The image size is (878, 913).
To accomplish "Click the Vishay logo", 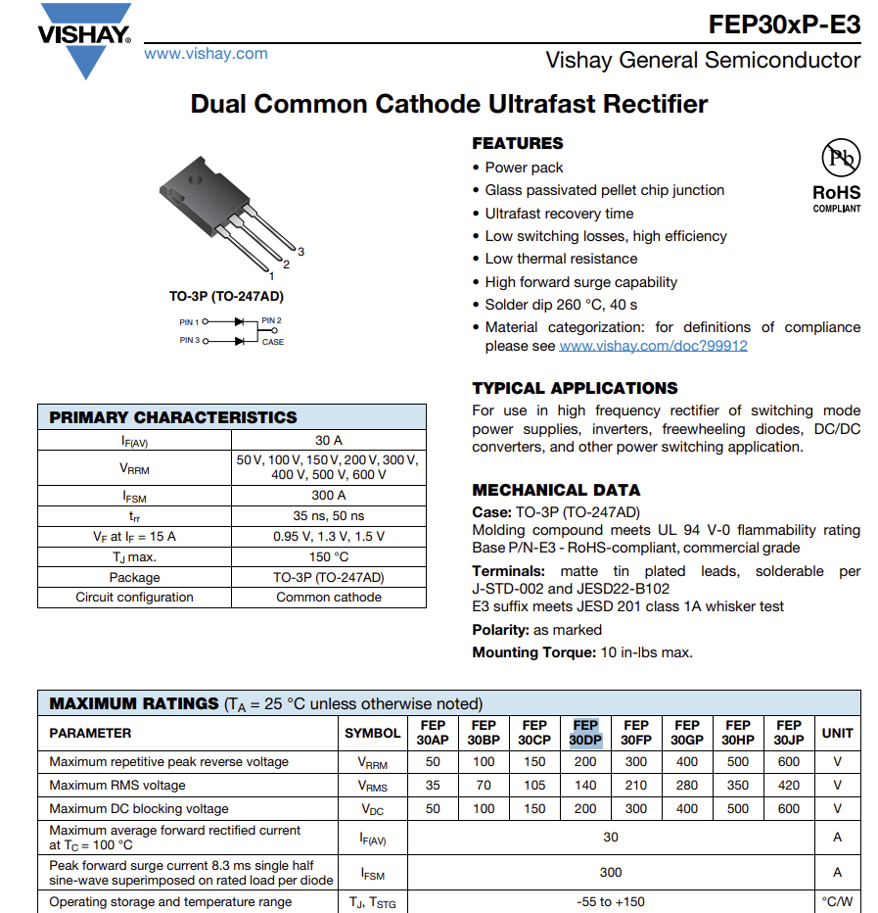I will [x=84, y=37].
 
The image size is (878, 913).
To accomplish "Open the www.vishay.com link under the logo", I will [x=206, y=54].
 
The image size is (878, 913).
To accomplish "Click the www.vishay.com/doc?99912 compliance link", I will [x=653, y=346].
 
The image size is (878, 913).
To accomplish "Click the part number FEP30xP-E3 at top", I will [x=784, y=24].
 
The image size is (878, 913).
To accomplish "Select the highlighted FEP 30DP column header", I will [x=585, y=733].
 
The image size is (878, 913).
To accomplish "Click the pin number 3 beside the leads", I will [x=301, y=252].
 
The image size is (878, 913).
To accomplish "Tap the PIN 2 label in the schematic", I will [x=271, y=321].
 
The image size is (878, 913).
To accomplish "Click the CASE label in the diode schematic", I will [x=272, y=342].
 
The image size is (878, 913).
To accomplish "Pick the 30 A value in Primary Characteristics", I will [x=329, y=441].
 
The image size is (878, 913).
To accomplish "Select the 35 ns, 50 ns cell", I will [x=329, y=515].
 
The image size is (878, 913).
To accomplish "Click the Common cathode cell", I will [x=329, y=597].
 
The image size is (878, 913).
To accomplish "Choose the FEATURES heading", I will [x=518, y=143].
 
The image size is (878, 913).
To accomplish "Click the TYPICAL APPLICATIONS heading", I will [x=575, y=388].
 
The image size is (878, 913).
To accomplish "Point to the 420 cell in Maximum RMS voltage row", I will [x=788, y=785].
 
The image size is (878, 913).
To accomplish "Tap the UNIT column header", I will [x=837, y=733].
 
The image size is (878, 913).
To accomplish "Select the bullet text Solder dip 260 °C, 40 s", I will [x=561, y=305].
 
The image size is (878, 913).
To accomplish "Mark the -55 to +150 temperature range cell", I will [x=611, y=902].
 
